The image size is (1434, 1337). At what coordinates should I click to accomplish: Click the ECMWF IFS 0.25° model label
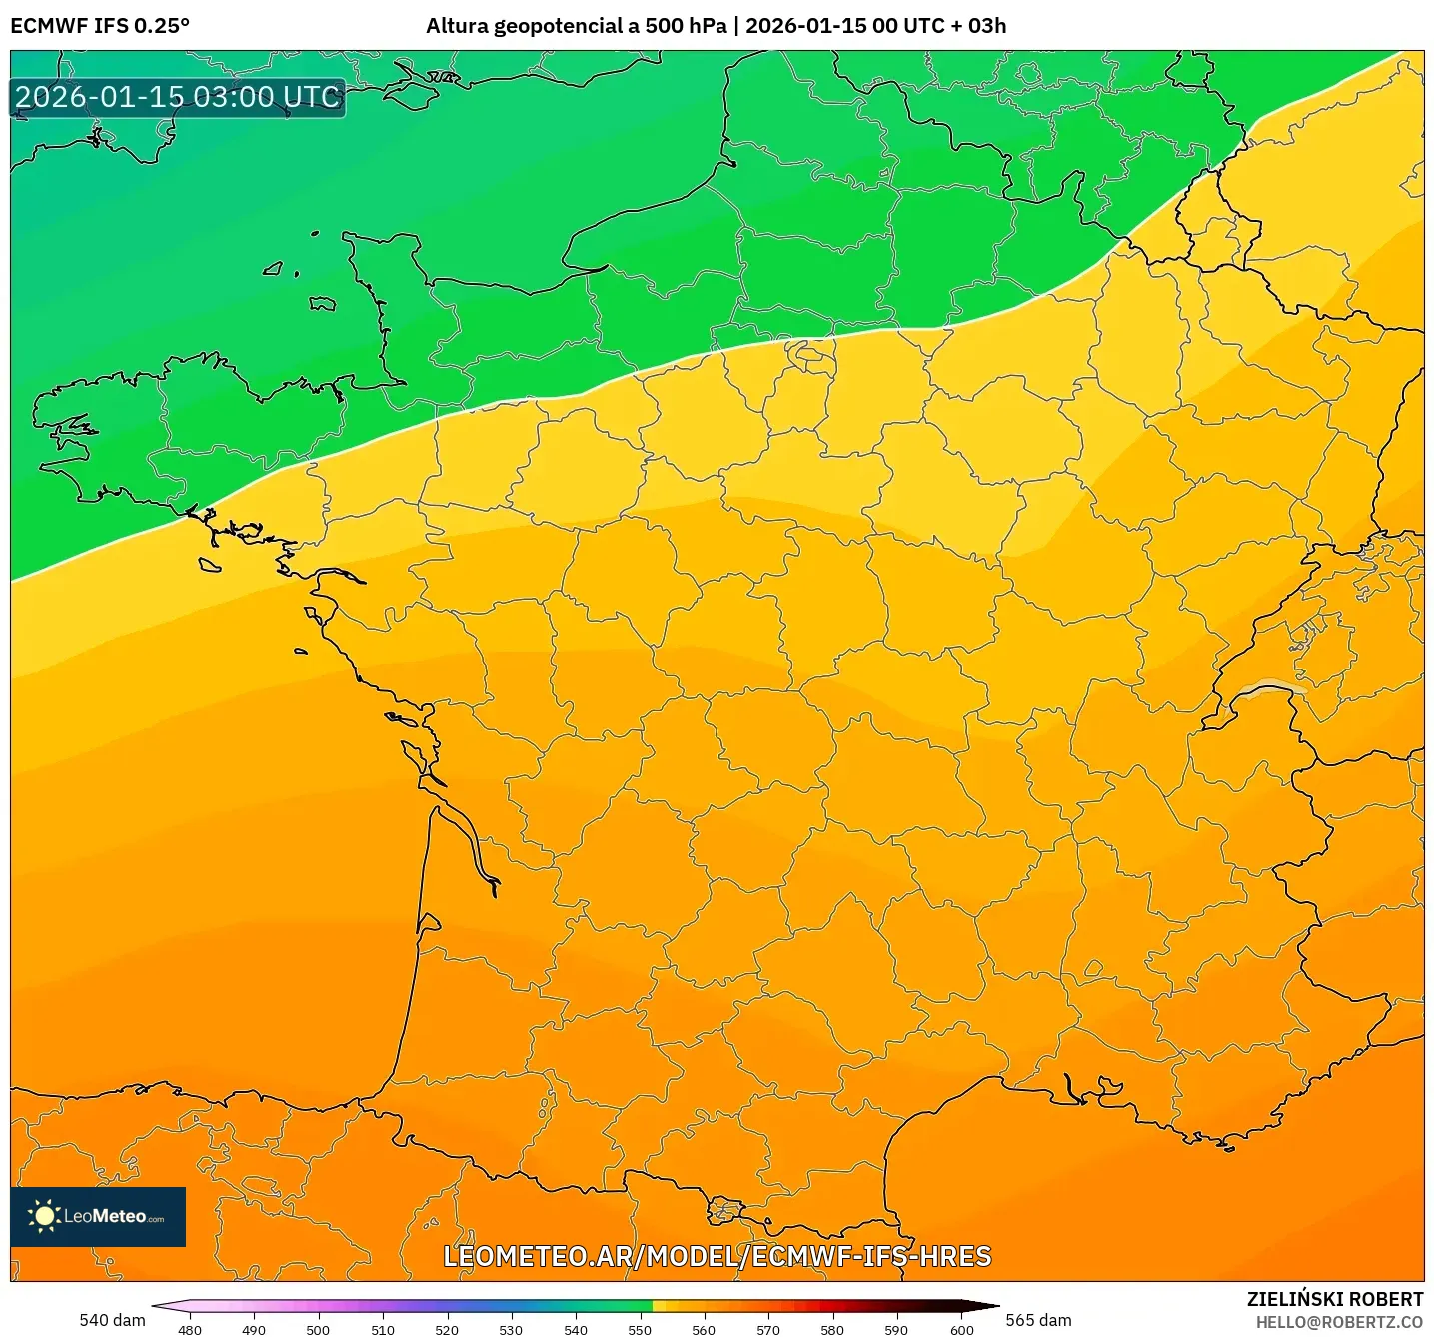click(x=100, y=26)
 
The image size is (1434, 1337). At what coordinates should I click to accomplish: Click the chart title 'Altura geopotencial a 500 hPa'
click(x=576, y=26)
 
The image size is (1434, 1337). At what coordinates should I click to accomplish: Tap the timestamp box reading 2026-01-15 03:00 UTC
click(x=178, y=97)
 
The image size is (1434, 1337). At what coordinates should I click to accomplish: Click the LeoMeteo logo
click(x=98, y=1216)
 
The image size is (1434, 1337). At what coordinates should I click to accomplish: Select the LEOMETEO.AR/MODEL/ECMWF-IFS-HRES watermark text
click(x=717, y=1256)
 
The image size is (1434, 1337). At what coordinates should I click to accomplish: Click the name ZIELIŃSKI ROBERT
click(x=1334, y=1299)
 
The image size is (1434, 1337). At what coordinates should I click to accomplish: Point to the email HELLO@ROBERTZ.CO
click(x=1338, y=1322)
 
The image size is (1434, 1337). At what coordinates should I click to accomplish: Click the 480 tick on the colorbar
click(x=189, y=1329)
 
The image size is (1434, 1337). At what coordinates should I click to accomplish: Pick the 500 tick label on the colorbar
click(x=318, y=1329)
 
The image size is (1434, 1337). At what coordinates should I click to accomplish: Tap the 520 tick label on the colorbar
click(x=447, y=1329)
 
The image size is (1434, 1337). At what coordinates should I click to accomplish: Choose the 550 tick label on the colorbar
click(x=640, y=1329)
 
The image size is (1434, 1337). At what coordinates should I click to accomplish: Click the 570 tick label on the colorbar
click(x=768, y=1329)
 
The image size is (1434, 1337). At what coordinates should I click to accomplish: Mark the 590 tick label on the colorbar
click(x=896, y=1329)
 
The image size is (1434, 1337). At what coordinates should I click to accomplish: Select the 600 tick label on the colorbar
click(x=961, y=1329)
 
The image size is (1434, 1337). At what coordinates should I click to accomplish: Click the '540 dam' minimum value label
click(x=112, y=1320)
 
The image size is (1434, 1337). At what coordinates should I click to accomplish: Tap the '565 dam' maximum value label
click(x=1038, y=1320)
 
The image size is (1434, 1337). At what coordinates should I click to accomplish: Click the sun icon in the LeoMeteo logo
click(x=45, y=1216)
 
